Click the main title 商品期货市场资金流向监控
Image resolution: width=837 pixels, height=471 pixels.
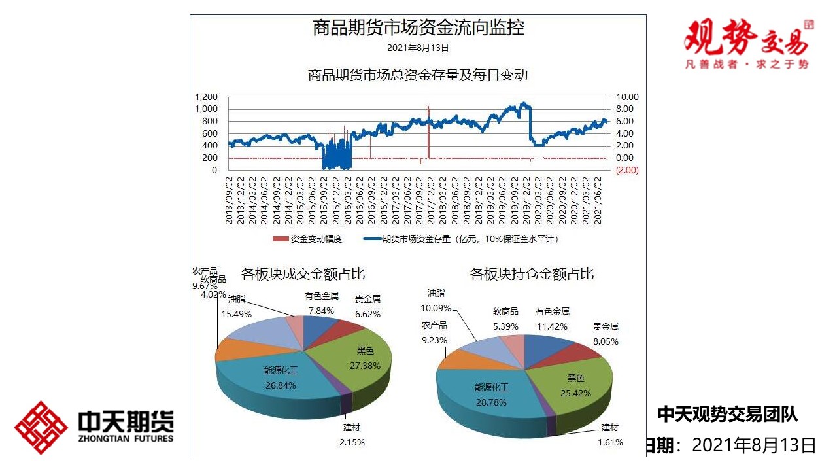click(x=418, y=28)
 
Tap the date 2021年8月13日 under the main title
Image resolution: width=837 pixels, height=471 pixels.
click(x=418, y=48)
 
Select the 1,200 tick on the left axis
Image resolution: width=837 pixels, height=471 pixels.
click(x=206, y=97)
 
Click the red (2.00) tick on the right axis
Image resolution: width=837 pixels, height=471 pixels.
click(x=626, y=170)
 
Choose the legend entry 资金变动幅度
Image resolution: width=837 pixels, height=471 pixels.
click(x=307, y=239)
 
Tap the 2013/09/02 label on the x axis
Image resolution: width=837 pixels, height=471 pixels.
click(x=230, y=200)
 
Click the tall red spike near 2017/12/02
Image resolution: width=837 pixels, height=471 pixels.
click(x=428, y=131)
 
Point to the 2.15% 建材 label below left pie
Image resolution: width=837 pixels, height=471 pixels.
click(x=352, y=435)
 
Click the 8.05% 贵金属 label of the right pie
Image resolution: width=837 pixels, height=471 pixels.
click(x=605, y=334)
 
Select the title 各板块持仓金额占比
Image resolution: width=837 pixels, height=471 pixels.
click(x=532, y=273)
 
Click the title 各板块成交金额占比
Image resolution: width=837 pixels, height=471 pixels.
click(x=303, y=273)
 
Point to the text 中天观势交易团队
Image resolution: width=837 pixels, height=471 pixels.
click(x=727, y=413)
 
